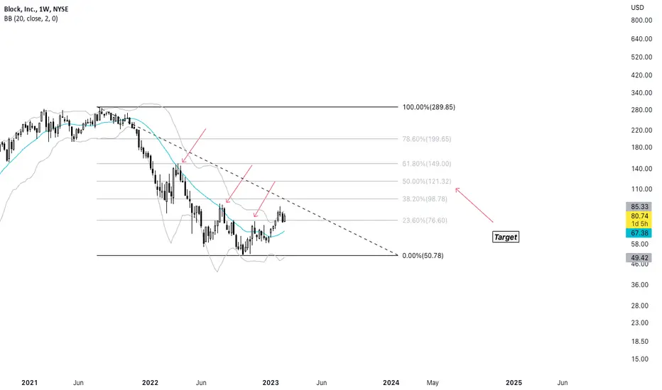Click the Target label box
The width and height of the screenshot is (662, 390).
[505, 237]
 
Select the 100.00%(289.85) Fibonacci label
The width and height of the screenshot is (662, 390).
[428, 107]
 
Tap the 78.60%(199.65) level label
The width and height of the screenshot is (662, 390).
[426, 139]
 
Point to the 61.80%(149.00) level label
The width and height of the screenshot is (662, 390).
[426, 164]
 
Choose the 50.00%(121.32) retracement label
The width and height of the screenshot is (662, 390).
[426, 182]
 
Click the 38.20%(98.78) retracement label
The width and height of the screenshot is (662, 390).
[425, 199]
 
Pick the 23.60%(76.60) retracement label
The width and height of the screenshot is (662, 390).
[425, 220]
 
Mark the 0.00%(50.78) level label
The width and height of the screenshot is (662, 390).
[423, 255]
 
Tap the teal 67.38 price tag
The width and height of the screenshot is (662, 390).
[639, 233]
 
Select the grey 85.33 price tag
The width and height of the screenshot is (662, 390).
[639, 206]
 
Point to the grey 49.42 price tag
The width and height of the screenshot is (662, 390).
[639, 257]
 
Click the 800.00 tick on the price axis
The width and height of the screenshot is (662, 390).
[641, 20]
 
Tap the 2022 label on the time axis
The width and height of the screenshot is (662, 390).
[150, 382]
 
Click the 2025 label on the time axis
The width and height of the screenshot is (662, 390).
[514, 382]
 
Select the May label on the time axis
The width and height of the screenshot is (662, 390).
[433, 382]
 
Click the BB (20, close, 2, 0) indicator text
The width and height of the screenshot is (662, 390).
[31, 18]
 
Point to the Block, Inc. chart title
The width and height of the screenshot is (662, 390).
[20, 9]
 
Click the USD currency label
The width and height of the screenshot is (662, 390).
[638, 7]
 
